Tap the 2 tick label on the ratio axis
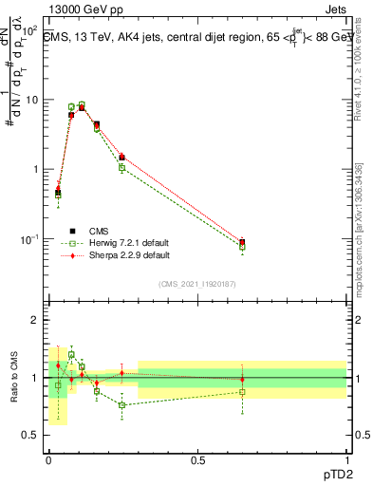pyautogui.click(x=36, y=320)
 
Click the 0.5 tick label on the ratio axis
pyautogui.click(x=30, y=436)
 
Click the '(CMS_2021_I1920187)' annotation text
pyautogui.click(x=197, y=284)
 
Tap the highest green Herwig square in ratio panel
pyautogui.click(x=71, y=355)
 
